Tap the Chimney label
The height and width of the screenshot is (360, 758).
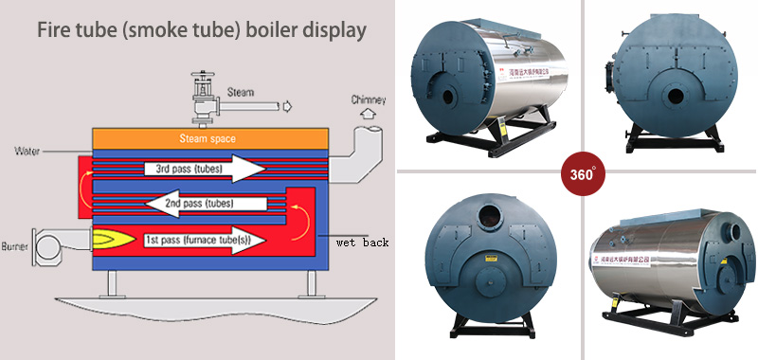369,99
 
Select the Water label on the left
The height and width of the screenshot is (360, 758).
27,150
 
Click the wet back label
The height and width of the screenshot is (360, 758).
362,243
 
